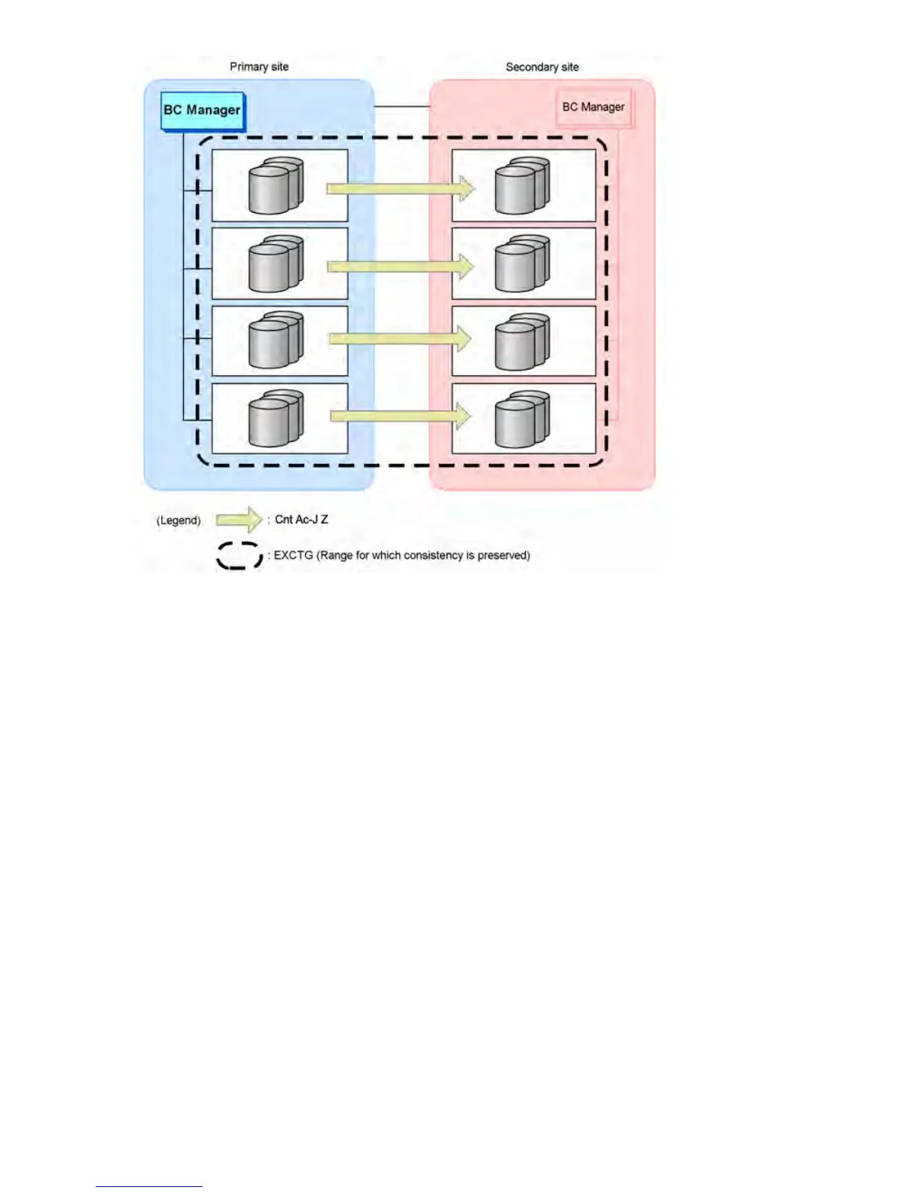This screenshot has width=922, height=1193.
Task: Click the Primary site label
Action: click(259, 67)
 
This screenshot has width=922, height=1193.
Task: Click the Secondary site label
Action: click(542, 67)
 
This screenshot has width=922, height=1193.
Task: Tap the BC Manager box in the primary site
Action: click(203, 111)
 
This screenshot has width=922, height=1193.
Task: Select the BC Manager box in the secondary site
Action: click(594, 108)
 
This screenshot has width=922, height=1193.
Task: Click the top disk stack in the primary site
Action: click(276, 185)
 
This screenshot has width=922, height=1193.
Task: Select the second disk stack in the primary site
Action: click(276, 264)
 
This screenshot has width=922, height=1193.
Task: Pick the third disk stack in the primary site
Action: click(276, 341)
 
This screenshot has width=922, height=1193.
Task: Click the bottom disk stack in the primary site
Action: click(276, 419)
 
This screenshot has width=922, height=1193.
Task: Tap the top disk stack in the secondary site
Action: click(522, 185)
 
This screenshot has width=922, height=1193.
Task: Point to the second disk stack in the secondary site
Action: click(522, 264)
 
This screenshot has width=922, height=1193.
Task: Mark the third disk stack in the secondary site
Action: click(522, 341)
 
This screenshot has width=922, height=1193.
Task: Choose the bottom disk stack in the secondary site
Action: click(522, 419)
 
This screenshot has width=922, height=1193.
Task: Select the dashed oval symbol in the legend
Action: click(240, 556)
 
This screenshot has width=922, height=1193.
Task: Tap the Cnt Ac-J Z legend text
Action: click(301, 520)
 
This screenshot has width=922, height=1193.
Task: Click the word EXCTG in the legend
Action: click(293, 556)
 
